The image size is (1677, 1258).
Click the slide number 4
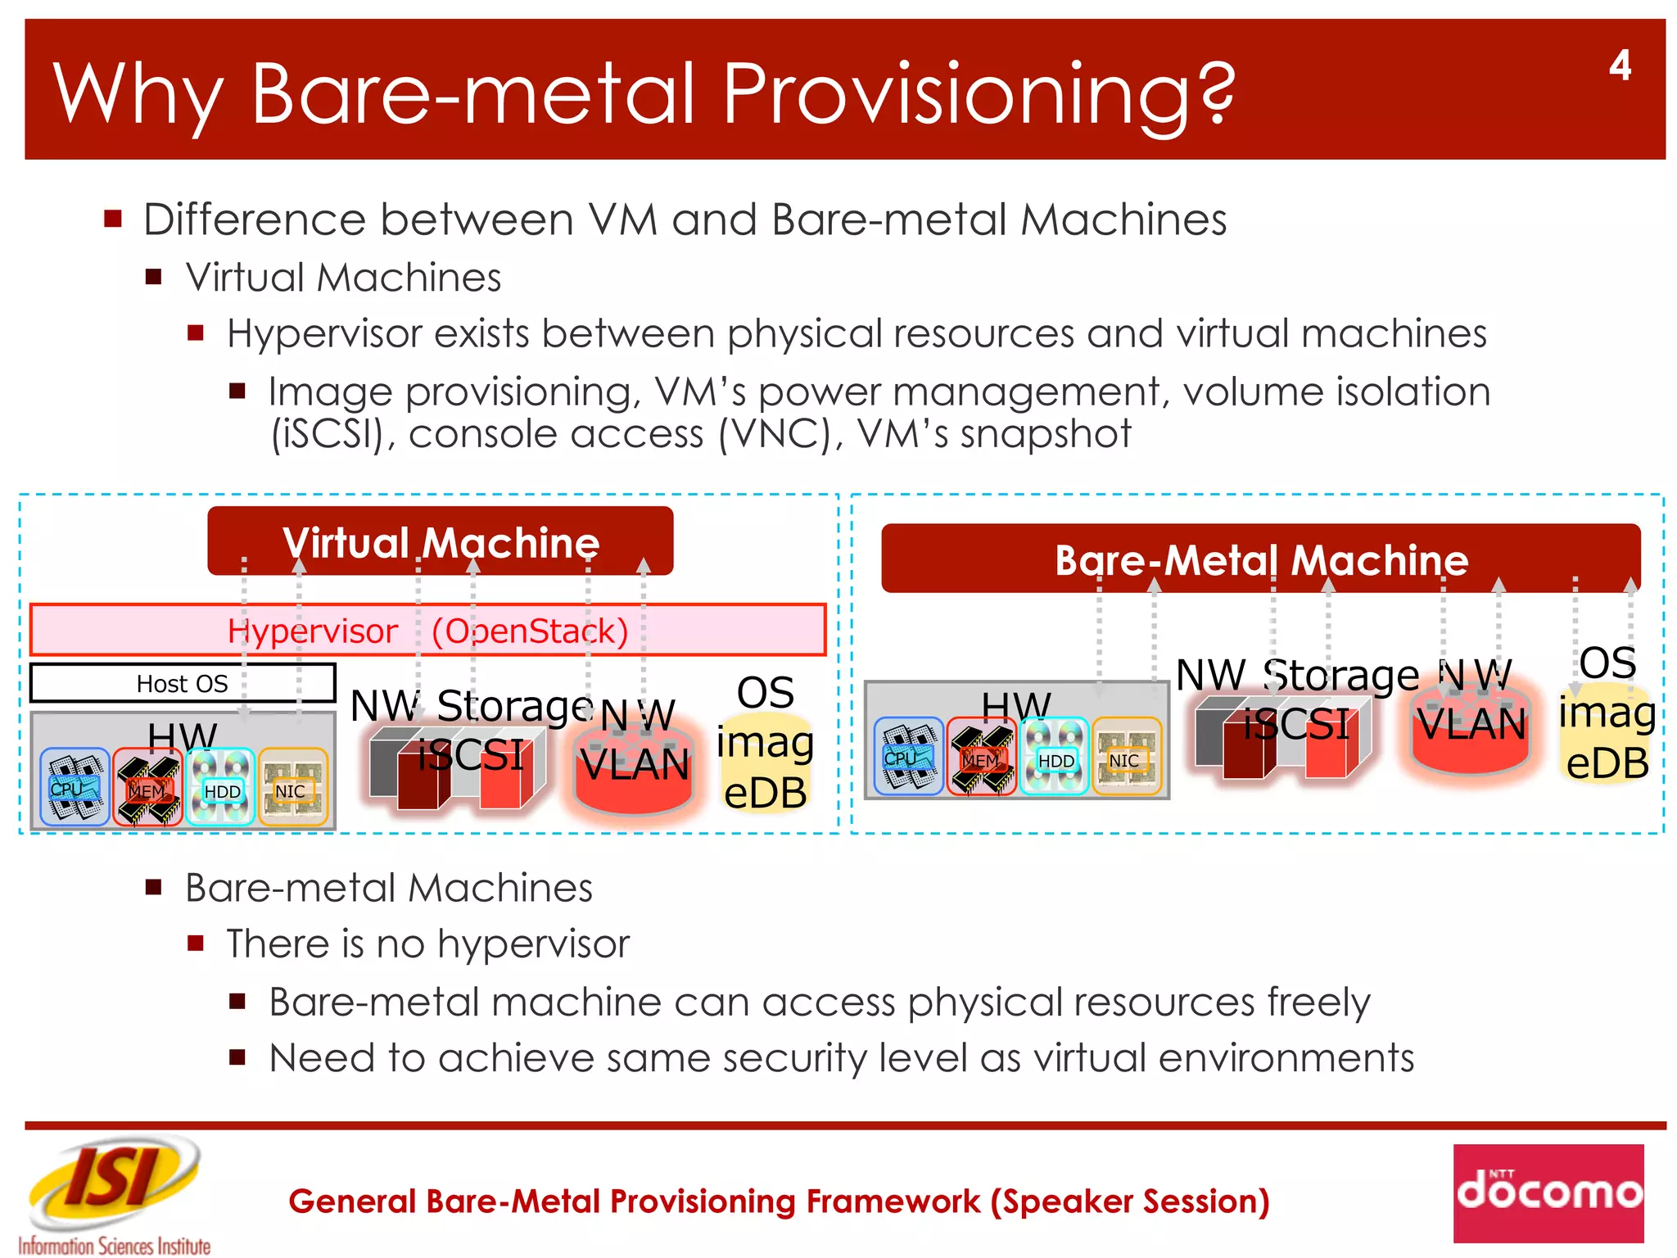1619,66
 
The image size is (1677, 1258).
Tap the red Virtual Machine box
441,541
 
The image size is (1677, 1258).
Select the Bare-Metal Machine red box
1260,559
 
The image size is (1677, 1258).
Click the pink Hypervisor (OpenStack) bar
427,631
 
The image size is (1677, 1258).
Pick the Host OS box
182,683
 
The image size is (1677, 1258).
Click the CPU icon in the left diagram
74,787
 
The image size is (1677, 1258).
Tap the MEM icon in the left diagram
147,788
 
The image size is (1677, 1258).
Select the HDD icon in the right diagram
1055,758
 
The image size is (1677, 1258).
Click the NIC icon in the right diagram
1126,758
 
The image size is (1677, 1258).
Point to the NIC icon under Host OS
292,788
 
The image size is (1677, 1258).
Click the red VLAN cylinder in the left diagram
635,770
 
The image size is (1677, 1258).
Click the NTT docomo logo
1548,1192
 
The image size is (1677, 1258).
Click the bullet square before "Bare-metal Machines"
154,888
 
